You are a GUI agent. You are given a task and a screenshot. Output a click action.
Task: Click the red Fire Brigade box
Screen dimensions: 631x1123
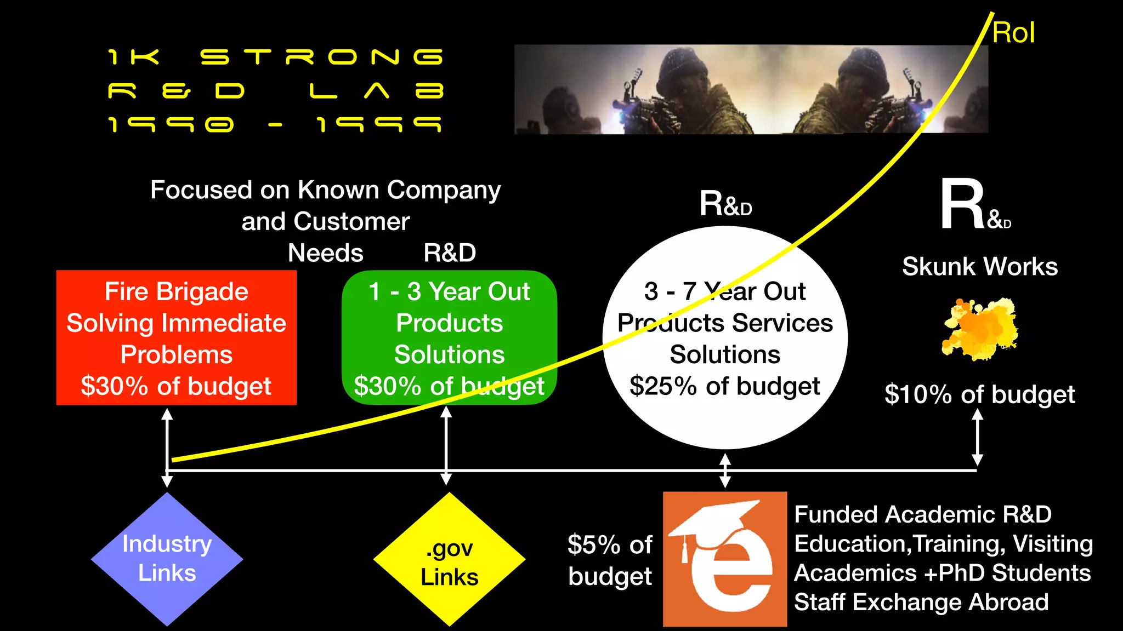[176, 337]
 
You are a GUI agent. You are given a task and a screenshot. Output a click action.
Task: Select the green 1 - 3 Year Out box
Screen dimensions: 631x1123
[449, 337]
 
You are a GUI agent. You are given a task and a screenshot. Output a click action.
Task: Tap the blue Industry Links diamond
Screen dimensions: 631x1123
[167, 559]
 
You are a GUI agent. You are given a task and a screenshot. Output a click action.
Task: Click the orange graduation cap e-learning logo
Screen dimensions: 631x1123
[724, 559]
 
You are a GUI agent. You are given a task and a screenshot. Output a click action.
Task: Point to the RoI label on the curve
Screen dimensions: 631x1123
[1013, 33]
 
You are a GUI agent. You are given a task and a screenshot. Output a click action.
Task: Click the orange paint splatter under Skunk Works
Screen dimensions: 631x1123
[980, 329]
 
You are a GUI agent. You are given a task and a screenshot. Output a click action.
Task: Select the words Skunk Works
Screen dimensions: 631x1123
[980, 267]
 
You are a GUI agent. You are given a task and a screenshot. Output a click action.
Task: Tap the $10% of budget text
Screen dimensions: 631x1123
[980, 394]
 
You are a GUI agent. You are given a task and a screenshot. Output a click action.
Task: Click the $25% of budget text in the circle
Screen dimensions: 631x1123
[724, 386]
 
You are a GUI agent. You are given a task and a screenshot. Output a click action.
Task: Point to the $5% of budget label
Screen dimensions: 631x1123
[610, 560]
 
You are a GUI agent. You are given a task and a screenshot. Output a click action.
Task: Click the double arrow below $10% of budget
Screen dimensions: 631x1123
[977, 438]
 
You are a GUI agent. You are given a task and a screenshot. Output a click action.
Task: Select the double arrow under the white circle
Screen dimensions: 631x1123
[725, 470]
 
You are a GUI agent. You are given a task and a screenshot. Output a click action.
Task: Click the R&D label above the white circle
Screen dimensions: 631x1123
[725, 204]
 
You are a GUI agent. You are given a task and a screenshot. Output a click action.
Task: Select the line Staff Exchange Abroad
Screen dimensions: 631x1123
[921, 602]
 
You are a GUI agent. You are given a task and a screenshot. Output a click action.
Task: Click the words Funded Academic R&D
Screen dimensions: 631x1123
[923, 514]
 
